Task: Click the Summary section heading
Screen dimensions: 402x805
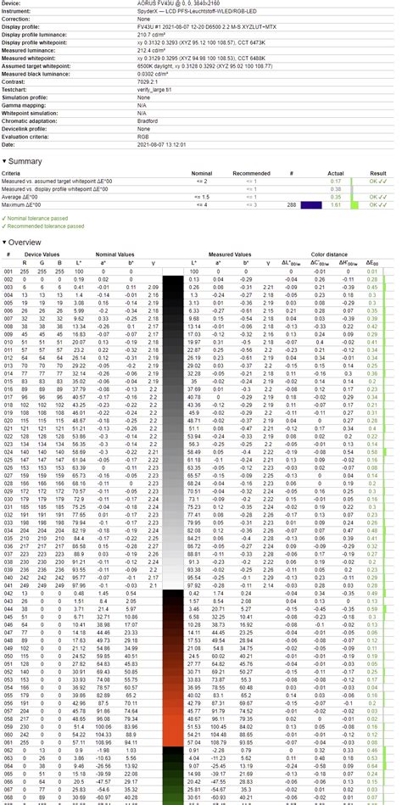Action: coord(26,160)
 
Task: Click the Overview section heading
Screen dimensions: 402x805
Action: coord(26,241)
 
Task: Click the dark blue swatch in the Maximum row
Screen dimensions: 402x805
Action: coord(312,204)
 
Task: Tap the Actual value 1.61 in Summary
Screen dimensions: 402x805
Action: coord(336,204)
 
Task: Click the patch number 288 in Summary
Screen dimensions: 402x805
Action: coord(292,204)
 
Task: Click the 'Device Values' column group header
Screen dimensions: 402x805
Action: coord(42,254)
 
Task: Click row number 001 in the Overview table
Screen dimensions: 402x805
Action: coord(8,271)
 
